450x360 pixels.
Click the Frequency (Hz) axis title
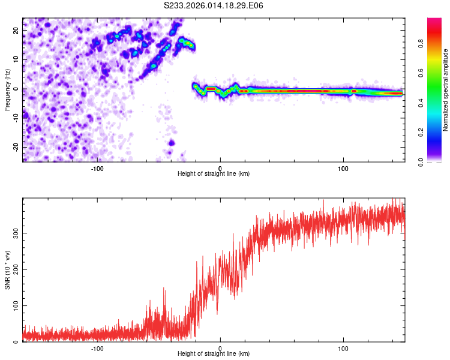(x=7, y=89)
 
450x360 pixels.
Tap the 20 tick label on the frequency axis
(x=16, y=30)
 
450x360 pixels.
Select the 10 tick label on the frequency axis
(x=16, y=59)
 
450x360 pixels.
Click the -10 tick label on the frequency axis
(x=15, y=118)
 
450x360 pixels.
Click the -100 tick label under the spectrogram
(x=97, y=168)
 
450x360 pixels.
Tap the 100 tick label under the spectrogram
(x=343, y=168)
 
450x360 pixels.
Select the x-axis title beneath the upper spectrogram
(x=214, y=174)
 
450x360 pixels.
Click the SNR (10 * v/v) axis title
(x=7, y=269)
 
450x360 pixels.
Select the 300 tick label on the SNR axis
(x=14, y=233)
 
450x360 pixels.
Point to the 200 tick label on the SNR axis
(x=14, y=269)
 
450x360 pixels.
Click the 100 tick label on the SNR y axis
(x=14, y=306)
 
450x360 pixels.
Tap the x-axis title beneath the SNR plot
(x=214, y=354)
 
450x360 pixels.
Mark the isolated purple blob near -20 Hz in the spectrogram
(x=172, y=143)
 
